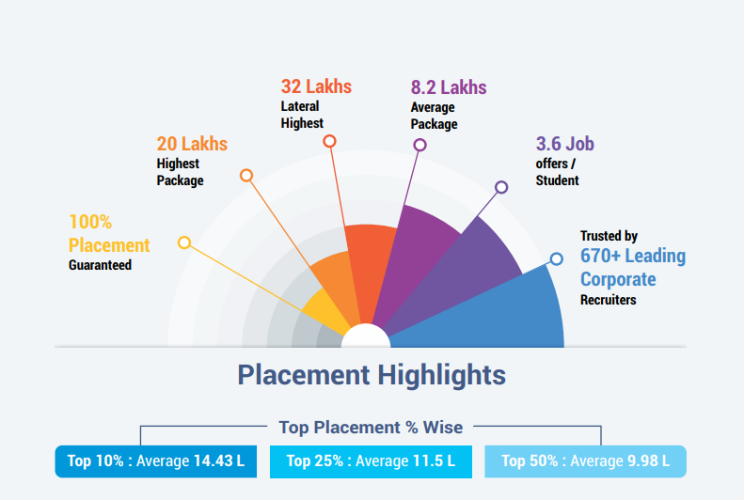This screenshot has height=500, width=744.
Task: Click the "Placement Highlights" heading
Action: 372,375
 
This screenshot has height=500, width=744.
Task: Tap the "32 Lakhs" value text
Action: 316,86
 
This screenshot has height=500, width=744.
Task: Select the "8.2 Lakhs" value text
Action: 449,87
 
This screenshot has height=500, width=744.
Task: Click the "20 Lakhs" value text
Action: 192,144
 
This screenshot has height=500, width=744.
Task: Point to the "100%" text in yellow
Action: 90,222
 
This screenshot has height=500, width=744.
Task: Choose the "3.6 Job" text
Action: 564,144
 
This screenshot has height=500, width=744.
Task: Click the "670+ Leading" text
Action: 633,256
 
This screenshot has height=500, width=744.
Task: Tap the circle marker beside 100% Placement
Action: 184,242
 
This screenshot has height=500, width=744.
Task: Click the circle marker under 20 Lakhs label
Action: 246,176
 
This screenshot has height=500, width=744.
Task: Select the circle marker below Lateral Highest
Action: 329,141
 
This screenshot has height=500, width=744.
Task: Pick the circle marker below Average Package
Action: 419,145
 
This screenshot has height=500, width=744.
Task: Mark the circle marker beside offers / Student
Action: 501,187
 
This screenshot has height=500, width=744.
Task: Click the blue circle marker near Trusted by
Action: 556,258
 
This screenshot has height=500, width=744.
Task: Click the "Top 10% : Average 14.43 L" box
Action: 155,461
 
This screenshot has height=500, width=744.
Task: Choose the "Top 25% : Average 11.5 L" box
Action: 371,461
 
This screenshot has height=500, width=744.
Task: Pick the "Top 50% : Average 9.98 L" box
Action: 585,461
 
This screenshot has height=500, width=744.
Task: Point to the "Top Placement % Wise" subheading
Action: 371,428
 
